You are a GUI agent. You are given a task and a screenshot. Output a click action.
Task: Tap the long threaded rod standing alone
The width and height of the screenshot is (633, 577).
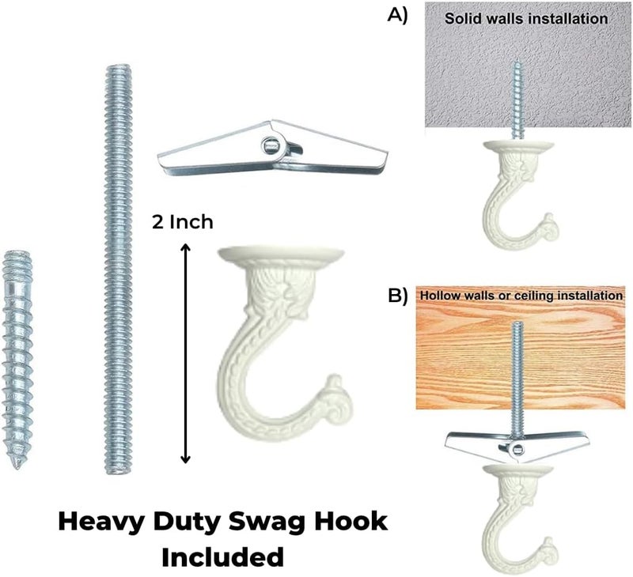point(118,269)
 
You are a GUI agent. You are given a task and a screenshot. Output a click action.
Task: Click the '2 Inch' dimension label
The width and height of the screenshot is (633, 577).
point(183,222)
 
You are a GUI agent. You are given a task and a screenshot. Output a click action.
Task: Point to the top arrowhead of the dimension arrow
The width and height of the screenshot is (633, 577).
point(185,247)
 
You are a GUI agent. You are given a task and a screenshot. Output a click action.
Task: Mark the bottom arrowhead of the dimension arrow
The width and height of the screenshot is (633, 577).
point(185,459)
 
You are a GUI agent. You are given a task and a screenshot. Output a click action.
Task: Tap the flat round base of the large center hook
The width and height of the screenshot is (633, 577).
point(281,253)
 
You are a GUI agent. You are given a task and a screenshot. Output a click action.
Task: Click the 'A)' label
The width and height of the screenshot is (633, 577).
point(398,15)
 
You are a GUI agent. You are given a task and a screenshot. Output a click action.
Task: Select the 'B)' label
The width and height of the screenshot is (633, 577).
point(398,296)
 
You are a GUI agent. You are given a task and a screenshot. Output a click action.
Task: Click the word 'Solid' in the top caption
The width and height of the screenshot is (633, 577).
point(459,18)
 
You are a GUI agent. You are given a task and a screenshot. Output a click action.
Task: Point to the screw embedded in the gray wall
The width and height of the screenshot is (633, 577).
point(517,100)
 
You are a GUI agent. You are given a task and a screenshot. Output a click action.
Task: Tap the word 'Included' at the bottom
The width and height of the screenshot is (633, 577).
point(222,558)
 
